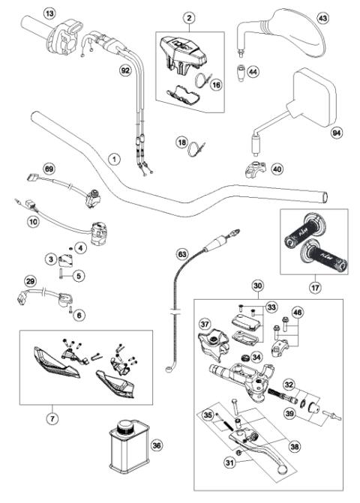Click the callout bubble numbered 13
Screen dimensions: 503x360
[x=49, y=14]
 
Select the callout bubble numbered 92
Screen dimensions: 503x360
[x=125, y=70]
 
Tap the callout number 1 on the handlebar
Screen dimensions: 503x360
[x=113, y=159]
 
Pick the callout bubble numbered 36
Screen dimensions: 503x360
[x=156, y=445]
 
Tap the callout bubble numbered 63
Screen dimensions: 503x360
[x=181, y=254]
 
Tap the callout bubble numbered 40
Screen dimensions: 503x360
[x=277, y=169]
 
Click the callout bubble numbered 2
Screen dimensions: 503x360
[x=189, y=17]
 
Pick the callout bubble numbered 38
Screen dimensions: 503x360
[x=294, y=445]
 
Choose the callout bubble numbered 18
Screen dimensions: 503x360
[x=181, y=142]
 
